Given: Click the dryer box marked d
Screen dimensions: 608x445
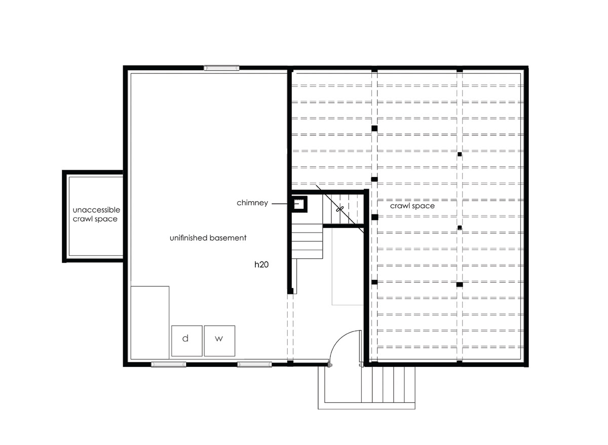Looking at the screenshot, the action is pyautogui.click(x=187, y=341).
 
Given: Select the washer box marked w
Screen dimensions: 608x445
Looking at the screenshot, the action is pyautogui.click(x=219, y=341).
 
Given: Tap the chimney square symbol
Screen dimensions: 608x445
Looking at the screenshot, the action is pyautogui.click(x=299, y=204).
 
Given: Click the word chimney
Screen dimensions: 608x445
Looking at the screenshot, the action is pyautogui.click(x=252, y=203).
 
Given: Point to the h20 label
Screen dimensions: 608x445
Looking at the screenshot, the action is pyautogui.click(x=261, y=265).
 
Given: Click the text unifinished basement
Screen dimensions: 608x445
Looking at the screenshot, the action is pyautogui.click(x=208, y=238).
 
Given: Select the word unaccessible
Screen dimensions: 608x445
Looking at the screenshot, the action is pyautogui.click(x=96, y=210).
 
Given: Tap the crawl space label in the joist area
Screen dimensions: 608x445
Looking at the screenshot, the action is pyautogui.click(x=412, y=206).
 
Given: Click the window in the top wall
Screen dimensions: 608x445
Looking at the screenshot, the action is pyautogui.click(x=221, y=67).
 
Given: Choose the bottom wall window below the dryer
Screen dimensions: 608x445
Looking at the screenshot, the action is pyautogui.click(x=169, y=364).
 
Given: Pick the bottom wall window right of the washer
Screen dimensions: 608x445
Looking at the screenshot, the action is pyautogui.click(x=254, y=364).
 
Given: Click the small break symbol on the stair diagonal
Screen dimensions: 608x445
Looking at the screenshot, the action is pyautogui.click(x=340, y=209).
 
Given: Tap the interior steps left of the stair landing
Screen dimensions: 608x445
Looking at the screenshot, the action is pyautogui.click(x=307, y=241).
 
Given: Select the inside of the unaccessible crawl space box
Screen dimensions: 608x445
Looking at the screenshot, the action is pyautogui.click(x=96, y=216).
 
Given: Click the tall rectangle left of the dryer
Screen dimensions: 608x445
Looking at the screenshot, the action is pyautogui.click(x=150, y=322).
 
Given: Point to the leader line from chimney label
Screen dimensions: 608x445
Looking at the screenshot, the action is pyautogui.click(x=280, y=204).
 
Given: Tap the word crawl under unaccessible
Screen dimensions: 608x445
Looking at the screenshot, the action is pyautogui.click(x=82, y=219).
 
